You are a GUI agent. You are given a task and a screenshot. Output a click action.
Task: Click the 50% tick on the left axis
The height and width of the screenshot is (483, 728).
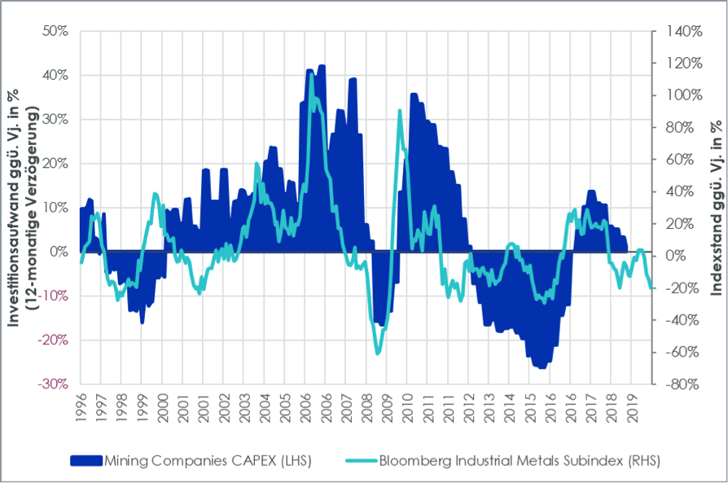56,31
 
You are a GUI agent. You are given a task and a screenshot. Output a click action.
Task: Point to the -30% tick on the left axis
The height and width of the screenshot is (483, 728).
55,384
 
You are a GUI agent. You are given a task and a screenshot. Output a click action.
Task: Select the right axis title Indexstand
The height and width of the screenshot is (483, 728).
714,208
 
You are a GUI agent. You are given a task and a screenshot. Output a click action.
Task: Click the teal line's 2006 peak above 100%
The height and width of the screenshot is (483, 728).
310,74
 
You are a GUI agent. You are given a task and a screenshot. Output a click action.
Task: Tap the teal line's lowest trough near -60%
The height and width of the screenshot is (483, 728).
377,353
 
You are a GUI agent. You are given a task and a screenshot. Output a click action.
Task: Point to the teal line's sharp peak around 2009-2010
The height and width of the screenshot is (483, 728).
400,110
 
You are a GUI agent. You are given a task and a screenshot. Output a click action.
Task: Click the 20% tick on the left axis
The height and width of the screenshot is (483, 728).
56,163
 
